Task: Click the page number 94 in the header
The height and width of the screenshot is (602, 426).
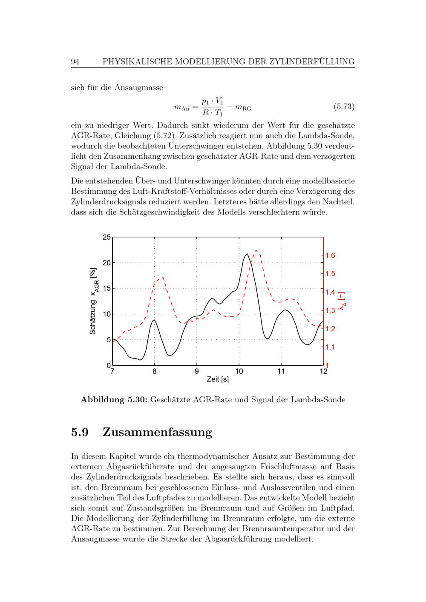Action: tap(75, 62)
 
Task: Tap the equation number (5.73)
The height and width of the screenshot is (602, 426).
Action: tap(343, 106)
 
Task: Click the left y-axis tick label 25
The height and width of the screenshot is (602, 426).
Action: tap(106, 237)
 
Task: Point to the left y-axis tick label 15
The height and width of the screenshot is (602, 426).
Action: tap(106, 289)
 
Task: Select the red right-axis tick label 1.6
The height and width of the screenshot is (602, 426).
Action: tap(330, 255)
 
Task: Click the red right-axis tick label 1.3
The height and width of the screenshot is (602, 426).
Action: tap(330, 310)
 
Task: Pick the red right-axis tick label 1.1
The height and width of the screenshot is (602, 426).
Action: tap(330, 347)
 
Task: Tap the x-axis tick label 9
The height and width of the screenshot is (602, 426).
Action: tap(197, 371)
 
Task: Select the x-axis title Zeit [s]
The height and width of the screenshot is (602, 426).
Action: tap(218, 379)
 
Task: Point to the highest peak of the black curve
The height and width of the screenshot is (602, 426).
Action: tap(247, 254)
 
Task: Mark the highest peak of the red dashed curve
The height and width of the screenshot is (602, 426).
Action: tap(256, 250)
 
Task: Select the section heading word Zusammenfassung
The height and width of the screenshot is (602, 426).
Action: tap(157, 432)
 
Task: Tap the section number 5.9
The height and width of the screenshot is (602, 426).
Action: tap(80, 432)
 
